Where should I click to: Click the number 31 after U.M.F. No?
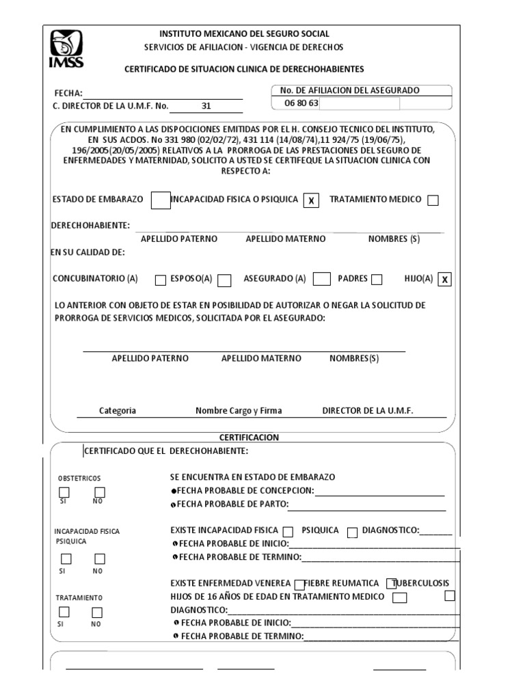click(206, 106)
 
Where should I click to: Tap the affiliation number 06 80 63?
click(296, 104)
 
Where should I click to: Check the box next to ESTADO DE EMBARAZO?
click(160, 200)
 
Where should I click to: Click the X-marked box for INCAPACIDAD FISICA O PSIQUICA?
click(311, 200)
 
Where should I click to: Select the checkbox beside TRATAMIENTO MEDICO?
click(433, 200)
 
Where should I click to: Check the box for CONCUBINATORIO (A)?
click(160, 280)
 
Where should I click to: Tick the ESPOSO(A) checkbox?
click(224, 280)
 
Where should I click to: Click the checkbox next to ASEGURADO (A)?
click(321, 279)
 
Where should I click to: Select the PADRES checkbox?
click(377, 279)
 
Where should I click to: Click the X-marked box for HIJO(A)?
click(445, 279)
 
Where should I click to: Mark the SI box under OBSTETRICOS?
click(64, 492)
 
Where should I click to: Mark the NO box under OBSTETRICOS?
click(100, 492)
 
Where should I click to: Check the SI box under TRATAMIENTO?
click(64, 612)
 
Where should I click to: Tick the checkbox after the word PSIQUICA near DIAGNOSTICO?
click(352, 532)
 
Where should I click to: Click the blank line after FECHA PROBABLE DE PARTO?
click(367, 506)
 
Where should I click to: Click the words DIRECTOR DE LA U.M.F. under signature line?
click(368, 411)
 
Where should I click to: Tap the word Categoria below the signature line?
click(118, 411)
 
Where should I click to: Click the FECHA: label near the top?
click(68, 94)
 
